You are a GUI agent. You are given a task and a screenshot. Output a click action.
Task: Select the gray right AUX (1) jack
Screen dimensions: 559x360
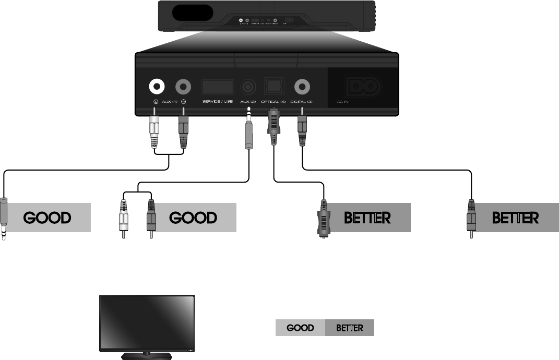tap(184, 86)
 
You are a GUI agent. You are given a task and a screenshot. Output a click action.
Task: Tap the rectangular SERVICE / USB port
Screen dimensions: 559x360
tap(217, 86)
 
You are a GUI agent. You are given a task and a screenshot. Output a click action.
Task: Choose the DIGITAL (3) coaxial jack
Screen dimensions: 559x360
tap(302, 86)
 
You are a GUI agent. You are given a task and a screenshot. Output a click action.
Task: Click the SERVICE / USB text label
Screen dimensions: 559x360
tap(217, 101)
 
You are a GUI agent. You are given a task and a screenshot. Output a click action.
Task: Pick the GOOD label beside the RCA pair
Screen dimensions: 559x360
tap(193, 217)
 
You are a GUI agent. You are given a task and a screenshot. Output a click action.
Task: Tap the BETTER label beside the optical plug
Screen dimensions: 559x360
tap(367, 217)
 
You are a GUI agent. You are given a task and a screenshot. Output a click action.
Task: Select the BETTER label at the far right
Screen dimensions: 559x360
tap(516, 217)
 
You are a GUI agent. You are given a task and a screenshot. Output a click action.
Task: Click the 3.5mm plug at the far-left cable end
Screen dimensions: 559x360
tap(4, 219)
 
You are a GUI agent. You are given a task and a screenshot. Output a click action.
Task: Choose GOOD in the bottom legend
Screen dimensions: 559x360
tap(300, 328)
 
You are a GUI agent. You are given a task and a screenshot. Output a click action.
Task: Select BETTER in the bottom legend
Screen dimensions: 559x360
tap(349, 328)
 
